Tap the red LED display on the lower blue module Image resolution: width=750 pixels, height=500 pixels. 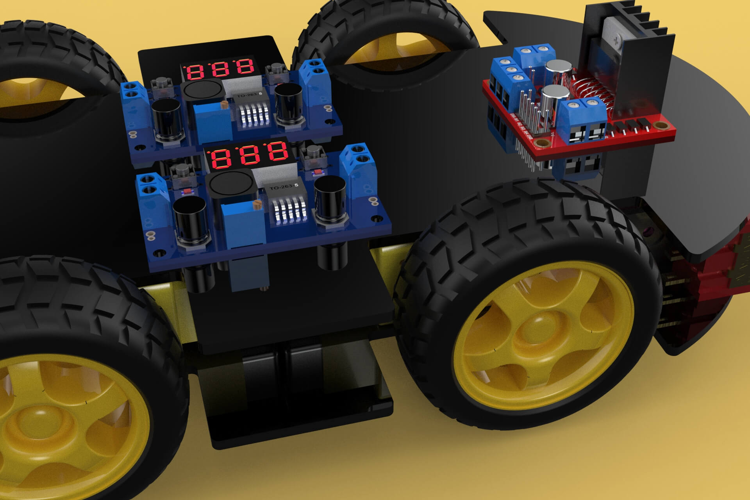click(x=250, y=155)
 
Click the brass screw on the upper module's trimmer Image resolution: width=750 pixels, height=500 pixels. click(x=224, y=104)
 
